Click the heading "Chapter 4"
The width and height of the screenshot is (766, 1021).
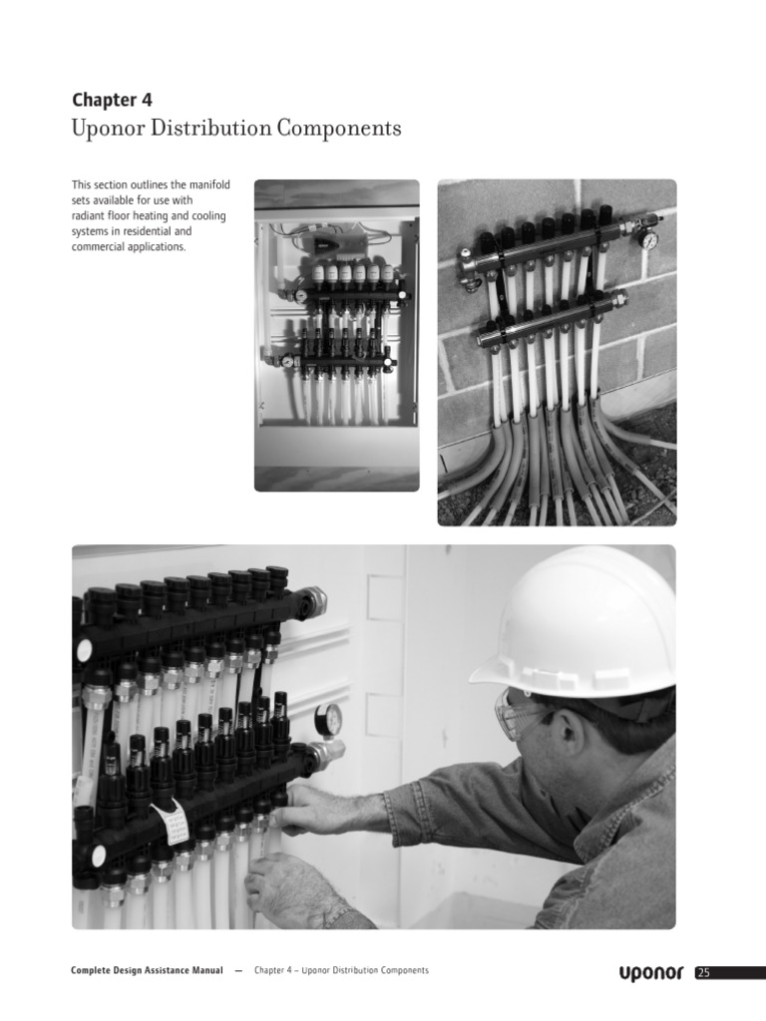pos(112,100)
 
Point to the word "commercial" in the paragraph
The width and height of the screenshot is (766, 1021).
pos(102,246)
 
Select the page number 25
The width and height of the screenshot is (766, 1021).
pos(703,973)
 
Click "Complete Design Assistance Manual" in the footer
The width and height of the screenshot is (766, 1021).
pos(147,970)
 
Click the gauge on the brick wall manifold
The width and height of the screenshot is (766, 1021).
pos(649,239)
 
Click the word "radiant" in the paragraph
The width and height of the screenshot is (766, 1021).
pos(89,215)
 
